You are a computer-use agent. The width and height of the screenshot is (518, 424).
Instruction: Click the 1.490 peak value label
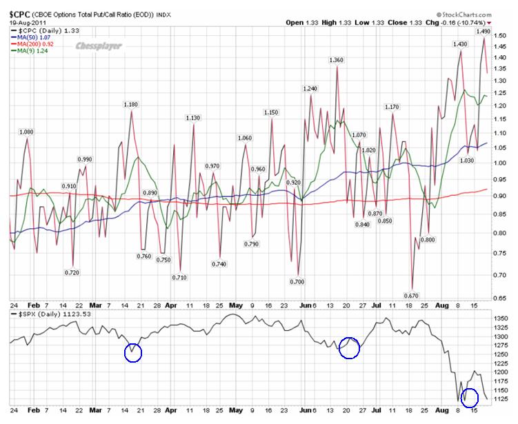pyautogui.click(x=483, y=31)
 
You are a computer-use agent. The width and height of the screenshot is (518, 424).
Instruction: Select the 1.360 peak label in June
pyautogui.click(x=336, y=61)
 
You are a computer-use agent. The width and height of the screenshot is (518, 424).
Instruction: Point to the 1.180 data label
pyautogui.click(x=130, y=104)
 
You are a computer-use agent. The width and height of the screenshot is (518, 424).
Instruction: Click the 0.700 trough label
pyautogui.click(x=297, y=281)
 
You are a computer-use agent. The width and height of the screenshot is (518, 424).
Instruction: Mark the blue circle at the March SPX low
pyautogui.click(x=133, y=352)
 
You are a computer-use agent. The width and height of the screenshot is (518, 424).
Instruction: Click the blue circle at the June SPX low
pyautogui.click(x=350, y=347)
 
